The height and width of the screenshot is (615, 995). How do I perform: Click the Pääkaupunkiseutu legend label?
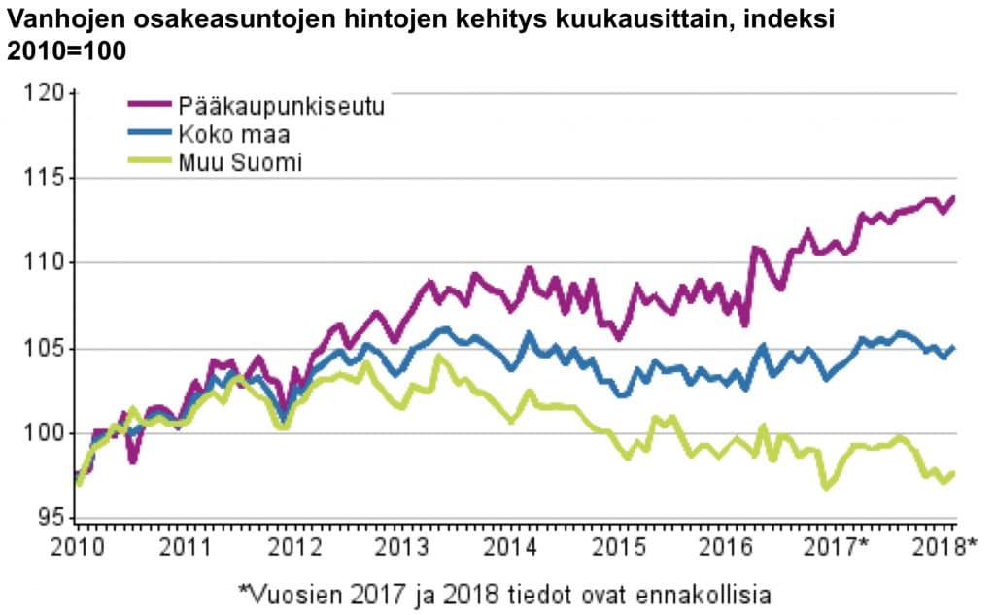tap(280, 106)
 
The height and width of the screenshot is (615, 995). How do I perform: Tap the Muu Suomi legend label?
tap(239, 162)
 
